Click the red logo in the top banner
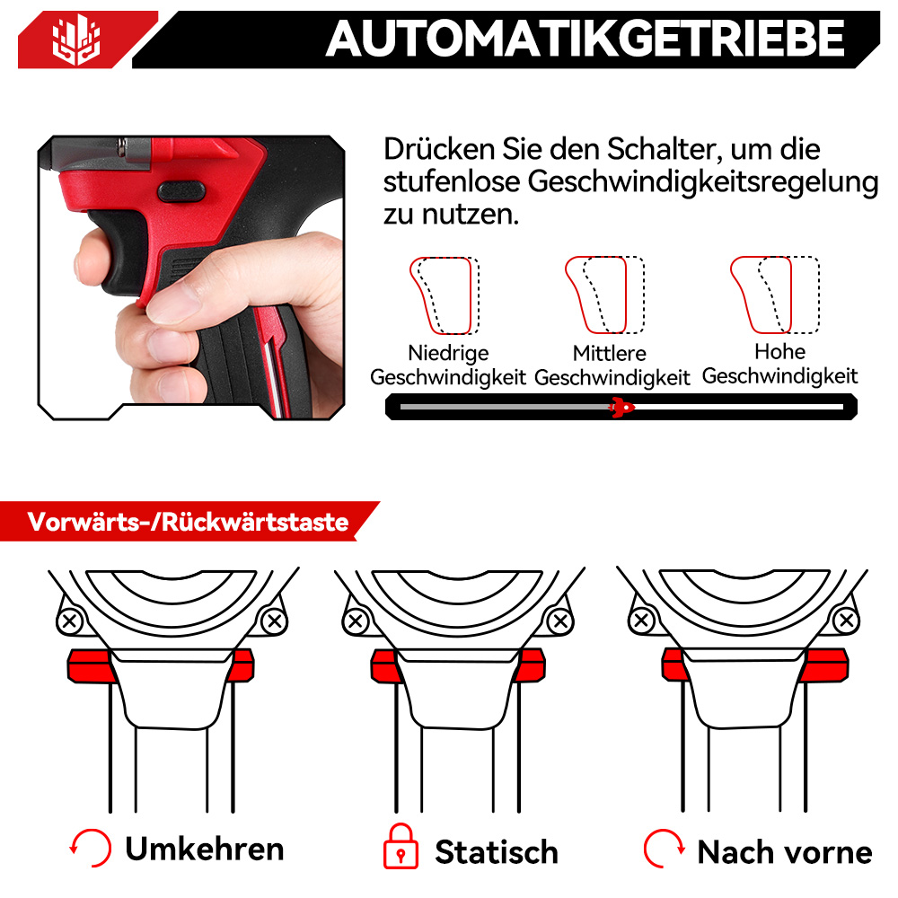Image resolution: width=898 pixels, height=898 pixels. click(x=76, y=40)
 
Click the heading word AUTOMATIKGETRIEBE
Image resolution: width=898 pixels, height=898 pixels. click(x=585, y=39)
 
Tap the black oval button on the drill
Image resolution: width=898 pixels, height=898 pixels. click(x=181, y=190)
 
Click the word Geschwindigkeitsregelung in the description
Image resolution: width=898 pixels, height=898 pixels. click(x=703, y=182)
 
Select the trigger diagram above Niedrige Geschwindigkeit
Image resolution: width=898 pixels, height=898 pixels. click(x=445, y=295)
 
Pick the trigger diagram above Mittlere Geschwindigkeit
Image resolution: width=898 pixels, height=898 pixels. click(x=604, y=295)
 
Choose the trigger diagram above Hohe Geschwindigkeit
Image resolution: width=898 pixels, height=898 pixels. click(x=775, y=295)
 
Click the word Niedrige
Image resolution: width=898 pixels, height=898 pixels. click(x=448, y=353)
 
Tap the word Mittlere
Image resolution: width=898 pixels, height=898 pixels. click(x=610, y=353)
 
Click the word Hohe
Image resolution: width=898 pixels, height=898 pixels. click(x=780, y=352)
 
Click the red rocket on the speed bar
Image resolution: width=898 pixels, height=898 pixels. click(x=621, y=407)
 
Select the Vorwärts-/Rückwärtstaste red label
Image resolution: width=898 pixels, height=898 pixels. click(x=188, y=522)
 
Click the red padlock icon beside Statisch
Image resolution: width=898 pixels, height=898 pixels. click(x=401, y=847)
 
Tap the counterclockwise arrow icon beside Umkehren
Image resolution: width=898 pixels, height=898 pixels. click(x=91, y=848)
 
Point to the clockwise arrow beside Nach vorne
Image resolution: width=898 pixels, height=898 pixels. click(x=664, y=849)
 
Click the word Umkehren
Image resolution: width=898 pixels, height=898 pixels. click(x=205, y=849)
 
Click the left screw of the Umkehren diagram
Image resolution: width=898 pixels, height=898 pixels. click(x=70, y=621)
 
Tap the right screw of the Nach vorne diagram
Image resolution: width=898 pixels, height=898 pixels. click(x=847, y=621)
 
